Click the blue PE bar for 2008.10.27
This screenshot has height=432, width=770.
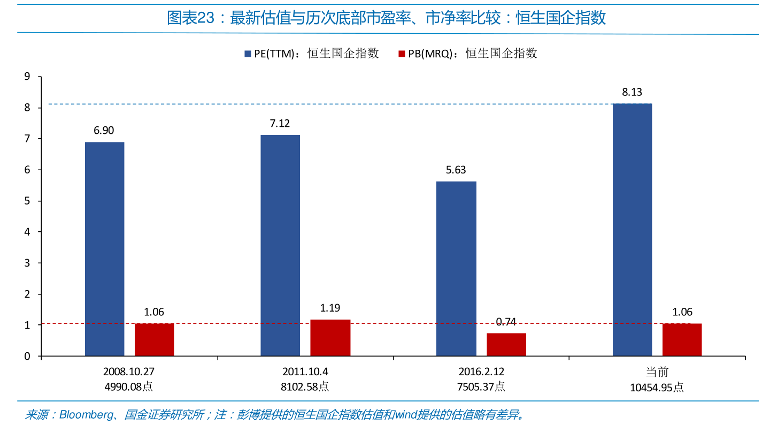point(105,249)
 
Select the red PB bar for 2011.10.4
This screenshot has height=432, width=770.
point(330,338)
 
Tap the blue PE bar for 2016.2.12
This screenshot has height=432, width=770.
point(456,269)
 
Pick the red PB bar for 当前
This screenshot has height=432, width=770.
point(682,339)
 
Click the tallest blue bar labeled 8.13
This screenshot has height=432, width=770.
point(632,230)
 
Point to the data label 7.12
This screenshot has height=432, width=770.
point(280,124)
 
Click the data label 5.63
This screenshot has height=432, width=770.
point(456,170)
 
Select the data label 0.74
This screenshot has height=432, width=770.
point(506,322)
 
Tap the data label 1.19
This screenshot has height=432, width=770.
point(330,308)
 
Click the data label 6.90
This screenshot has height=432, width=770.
point(104,131)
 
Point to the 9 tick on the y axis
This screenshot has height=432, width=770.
point(27,77)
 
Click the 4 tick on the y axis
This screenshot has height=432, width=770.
point(27,232)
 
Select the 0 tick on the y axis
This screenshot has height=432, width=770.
point(27,356)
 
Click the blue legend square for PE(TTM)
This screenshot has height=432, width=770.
point(248,54)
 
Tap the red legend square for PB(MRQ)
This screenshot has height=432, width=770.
point(402,54)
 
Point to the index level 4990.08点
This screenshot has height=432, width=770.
point(130,386)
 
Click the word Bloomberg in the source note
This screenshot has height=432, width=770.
point(85,415)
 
